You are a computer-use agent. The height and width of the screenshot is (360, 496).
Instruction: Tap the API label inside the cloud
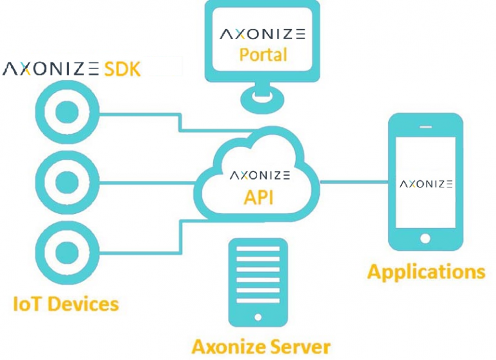[x=258, y=196]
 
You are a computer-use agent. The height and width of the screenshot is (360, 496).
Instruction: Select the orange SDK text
[x=123, y=69]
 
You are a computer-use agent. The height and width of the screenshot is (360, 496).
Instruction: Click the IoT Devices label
[x=66, y=303]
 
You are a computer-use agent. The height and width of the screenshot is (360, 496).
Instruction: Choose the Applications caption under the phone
[x=426, y=271]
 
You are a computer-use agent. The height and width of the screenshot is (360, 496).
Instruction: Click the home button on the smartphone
[x=425, y=238]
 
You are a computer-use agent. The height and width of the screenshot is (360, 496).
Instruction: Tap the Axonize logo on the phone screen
[x=426, y=184]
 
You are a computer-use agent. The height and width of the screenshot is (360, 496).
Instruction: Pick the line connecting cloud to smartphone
[x=353, y=182]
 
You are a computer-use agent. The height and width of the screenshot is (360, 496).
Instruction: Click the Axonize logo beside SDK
[x=51, y=69]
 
